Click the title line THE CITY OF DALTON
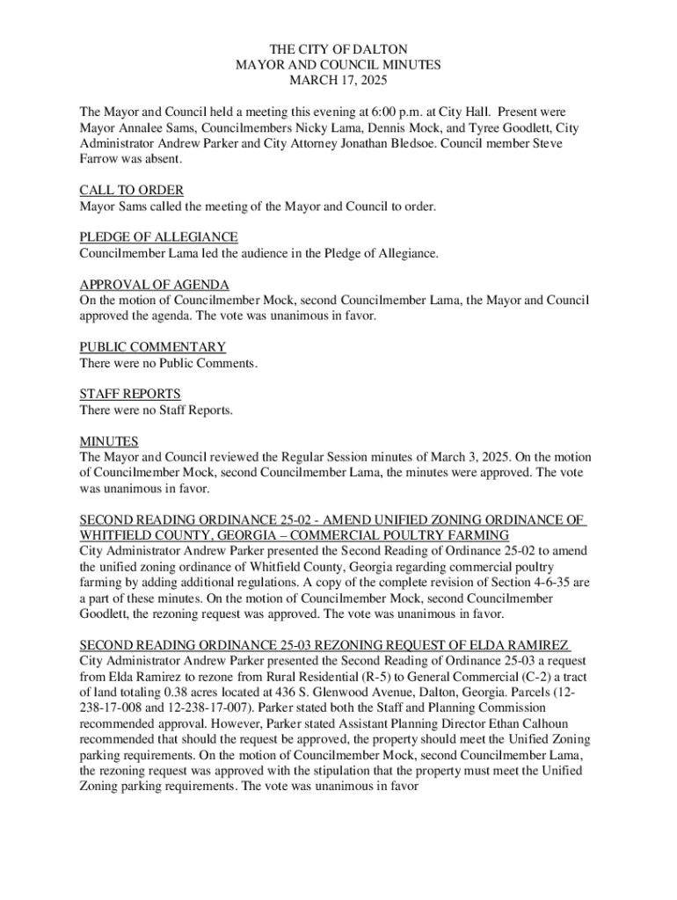338,50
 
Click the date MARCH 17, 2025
338,80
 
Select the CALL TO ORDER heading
132,191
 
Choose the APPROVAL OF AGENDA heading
155,286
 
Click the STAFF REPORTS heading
130,395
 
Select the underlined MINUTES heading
109,442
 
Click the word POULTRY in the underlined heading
434,535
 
